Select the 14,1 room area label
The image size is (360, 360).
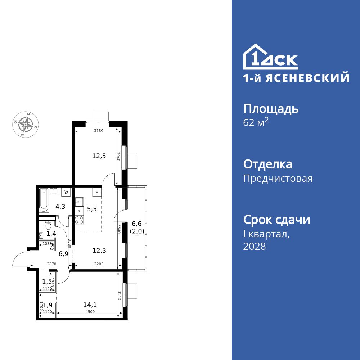90,305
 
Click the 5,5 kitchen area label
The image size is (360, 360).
92,208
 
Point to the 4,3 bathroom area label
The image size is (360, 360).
60,207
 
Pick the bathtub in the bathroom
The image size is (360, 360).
44,200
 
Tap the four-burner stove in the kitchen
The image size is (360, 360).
79,219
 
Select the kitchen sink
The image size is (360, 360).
79,201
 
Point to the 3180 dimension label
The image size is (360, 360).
99,131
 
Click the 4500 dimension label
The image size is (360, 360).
90,312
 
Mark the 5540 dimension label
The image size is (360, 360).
118,229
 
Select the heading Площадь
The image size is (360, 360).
271,109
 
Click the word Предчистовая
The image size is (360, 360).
278,179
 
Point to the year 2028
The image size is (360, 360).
255,247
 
